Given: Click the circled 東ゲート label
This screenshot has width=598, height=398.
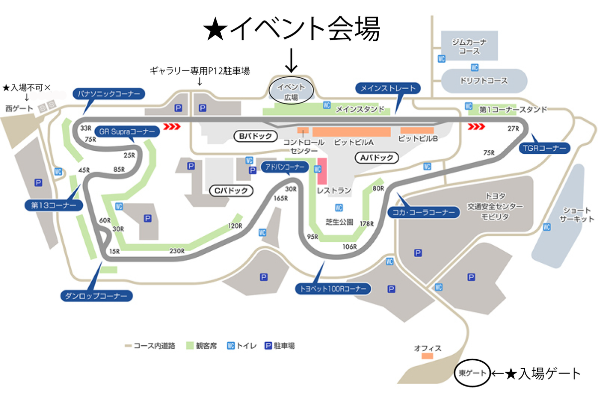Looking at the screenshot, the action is pyautogui.click(x=472, y=373).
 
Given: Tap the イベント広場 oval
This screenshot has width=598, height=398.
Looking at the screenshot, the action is pyautogui.click(x=291, y=91).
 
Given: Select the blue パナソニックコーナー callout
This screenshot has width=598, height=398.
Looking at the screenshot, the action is pyautogui.click(x=109, y=94).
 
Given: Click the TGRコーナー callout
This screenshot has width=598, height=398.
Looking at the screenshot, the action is pyautogui.click(x=544, y=148).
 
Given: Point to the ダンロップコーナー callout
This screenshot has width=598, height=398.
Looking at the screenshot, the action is pyautogui.click(x=96, y=296).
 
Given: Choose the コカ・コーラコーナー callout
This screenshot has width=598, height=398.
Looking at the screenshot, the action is pyautogui.click(x=424, y=212).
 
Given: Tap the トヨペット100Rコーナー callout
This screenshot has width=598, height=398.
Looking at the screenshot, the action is pyautogui.click(x=333, y=289).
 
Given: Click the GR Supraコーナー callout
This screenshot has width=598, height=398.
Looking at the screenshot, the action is pyautogui.click(x=127, y=132).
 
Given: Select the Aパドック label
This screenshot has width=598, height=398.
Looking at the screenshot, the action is pyautogui.click(x=377, y=158).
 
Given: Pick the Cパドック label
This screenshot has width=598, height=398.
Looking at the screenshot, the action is pyautogui.click(x=231, y=191).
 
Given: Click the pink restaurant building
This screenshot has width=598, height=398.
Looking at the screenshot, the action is pyautogui.click(x=322, y=171).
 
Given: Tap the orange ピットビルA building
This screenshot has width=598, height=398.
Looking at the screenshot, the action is pyautogui.click(x=352, y=132).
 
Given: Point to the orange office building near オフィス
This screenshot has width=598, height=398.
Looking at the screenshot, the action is pyautogui.click(x=427, y=356).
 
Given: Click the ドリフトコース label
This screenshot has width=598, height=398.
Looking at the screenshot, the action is pyautogui.click(x=484, y=81).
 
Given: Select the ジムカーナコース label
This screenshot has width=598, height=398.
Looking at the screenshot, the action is pyautogui.click(x=469, y=46).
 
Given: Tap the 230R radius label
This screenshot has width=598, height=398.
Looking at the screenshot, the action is pyautogui.click(x=177, y=251).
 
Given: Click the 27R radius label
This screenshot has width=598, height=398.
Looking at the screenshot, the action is pyautogui.click(x=513, y=129).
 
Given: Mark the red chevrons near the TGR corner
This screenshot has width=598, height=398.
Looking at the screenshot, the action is pyautogui.click(x=476, y=126).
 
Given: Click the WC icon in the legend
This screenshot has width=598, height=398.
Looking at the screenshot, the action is pyautogui.click(x=231, y=346).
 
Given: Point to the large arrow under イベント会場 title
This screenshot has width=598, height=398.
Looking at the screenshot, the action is pyautogui.click(x=291, y=61).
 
